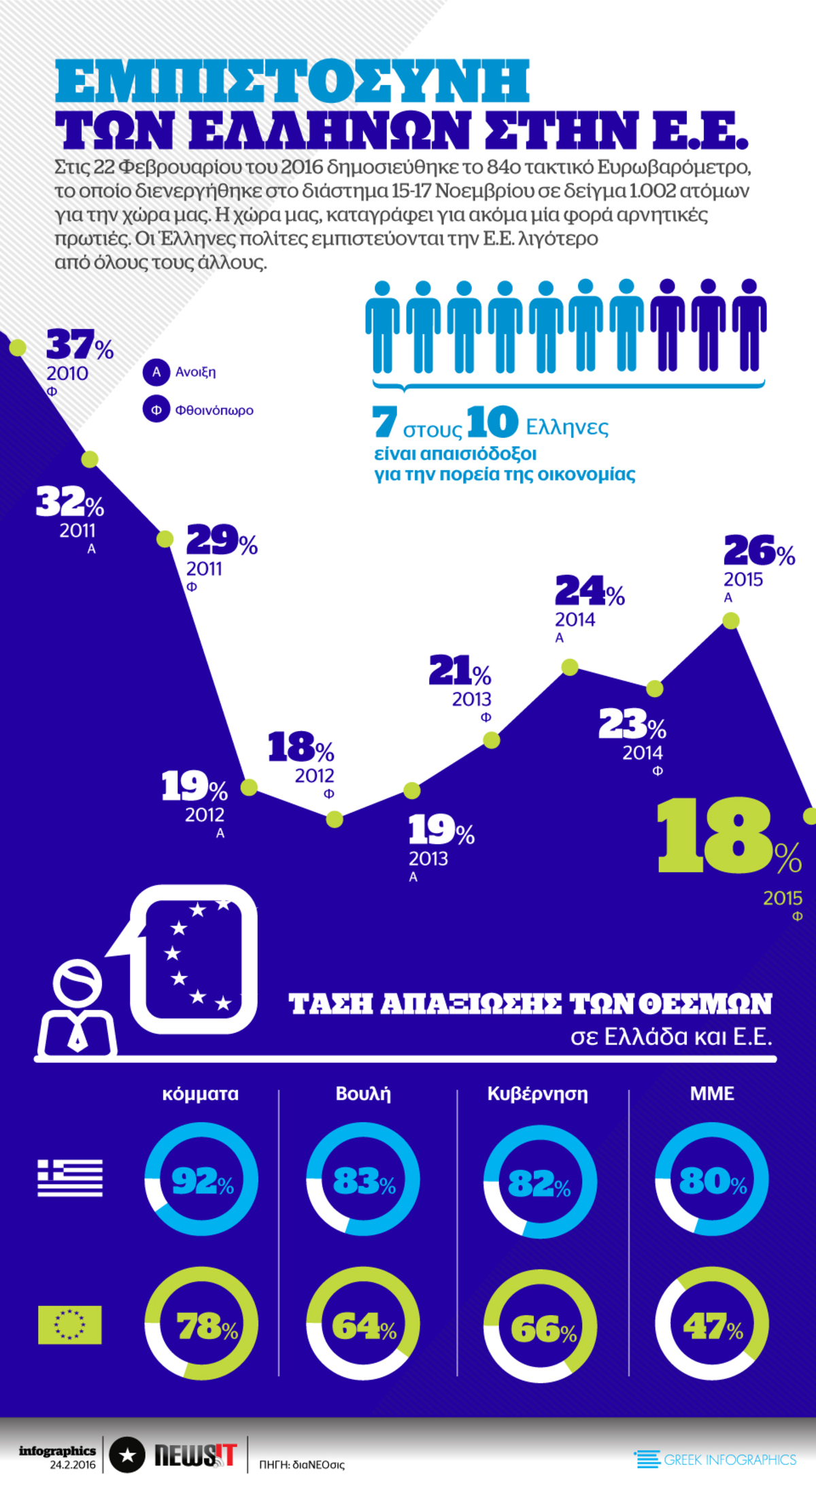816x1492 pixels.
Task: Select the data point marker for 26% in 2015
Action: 730,620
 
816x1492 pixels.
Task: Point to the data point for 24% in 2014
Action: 570,667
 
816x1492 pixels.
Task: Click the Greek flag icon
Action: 70,1178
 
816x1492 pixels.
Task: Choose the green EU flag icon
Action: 70,1325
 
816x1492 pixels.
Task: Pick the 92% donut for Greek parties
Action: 201,1179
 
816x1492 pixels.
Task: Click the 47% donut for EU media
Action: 712,1325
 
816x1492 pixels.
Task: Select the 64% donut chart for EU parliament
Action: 363,1325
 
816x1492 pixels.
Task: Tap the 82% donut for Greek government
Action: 540,1182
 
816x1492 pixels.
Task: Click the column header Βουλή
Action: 363,1093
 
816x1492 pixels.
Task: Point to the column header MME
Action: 712,1093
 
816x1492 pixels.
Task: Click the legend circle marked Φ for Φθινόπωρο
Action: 156,410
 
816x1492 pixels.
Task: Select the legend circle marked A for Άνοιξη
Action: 156,372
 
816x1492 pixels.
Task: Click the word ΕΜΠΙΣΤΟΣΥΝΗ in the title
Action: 292,82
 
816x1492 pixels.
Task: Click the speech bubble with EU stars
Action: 194,959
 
